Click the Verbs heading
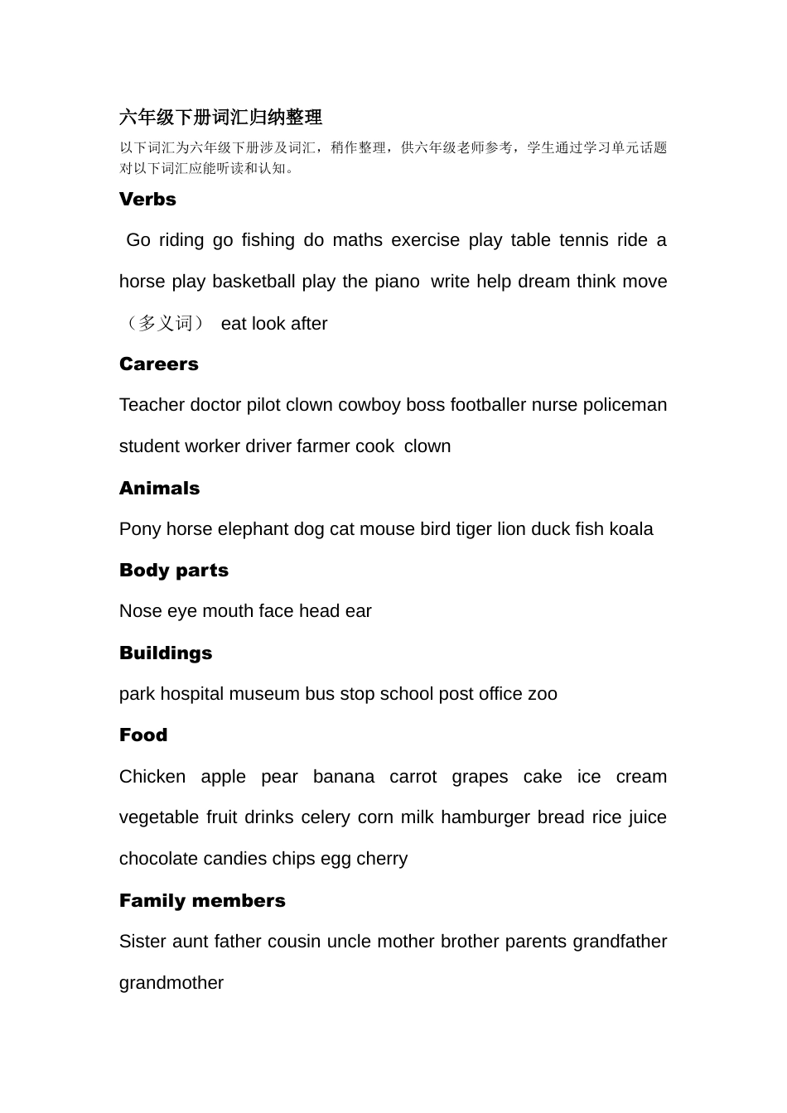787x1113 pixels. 147,200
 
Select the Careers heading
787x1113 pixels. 158,364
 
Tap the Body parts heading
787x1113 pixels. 173,571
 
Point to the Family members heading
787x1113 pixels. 202,901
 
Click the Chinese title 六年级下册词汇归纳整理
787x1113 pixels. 220,118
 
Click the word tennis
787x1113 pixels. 583,240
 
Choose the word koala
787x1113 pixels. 630,529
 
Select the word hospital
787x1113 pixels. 192,694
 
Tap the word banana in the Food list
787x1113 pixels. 343,777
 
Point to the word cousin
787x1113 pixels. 294,942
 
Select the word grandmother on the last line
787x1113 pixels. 171,983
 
